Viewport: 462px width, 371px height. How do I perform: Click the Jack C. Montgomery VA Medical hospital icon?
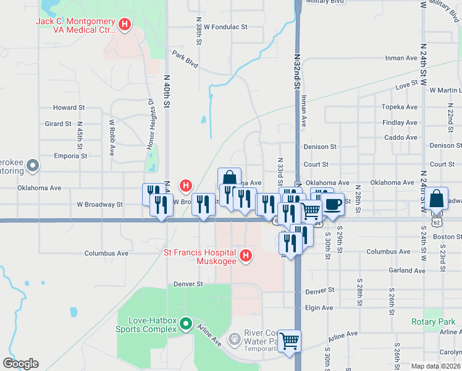pyautogui.click(x=125, y=25)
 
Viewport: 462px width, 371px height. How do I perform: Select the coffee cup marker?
pyautogui.click(x=333, y=204)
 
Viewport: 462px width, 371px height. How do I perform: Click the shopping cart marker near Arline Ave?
pyautogui.click(x=289, y=341)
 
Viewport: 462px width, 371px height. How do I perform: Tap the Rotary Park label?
pyautogui.click(x=433, y=322)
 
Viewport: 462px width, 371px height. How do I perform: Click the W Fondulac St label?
pyautogui.click(x=225, y=27)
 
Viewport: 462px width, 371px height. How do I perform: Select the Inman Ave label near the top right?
pyautogui.click(x=401, y=58)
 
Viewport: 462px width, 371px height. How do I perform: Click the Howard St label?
pyautogui.click(x=69, y=108)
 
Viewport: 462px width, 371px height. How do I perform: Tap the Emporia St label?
pyautogui.click(x=70, y=156)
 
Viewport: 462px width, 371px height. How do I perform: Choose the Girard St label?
pyautogui.click(x=58, y=124)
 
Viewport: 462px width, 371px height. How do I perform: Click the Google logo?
pyautogui.click(x=20, y=364)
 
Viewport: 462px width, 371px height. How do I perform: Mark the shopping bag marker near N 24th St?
pyautogui.click(x=436, y=199)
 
